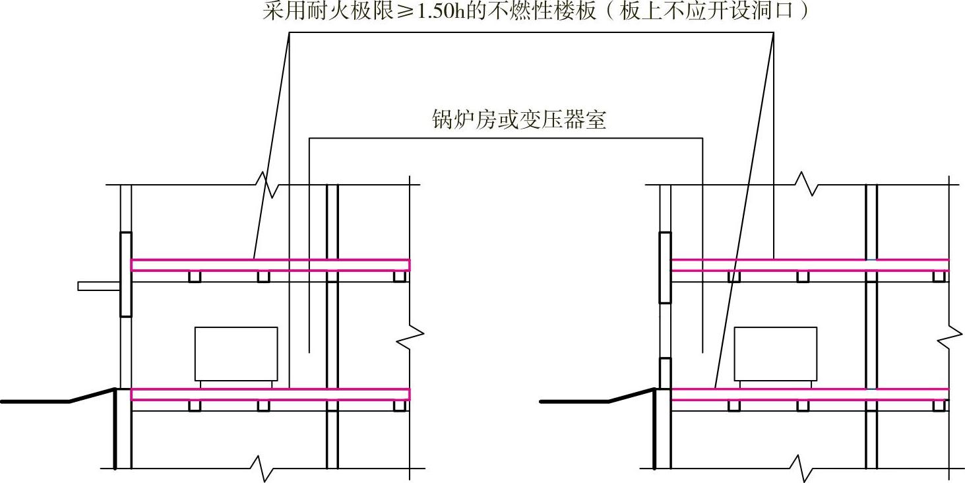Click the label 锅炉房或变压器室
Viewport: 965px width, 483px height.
coord(518,120)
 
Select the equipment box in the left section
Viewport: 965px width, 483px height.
coord(236,353)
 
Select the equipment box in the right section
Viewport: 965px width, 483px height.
coord(775,353)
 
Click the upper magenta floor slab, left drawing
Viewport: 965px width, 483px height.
coord(270,265)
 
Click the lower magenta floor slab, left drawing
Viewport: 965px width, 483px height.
coord(270,394)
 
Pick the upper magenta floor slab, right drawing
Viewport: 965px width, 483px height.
coord(809,265)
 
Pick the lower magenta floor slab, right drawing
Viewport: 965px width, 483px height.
coord(809,394)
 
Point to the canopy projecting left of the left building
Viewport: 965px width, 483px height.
coord(98,286)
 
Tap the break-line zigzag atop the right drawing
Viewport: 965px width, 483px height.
coord(807,184)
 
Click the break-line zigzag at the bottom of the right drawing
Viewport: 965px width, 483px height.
coord(802,468)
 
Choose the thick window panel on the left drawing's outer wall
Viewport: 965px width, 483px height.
coord(125,274)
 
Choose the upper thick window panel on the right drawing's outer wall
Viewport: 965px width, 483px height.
coord(665,267)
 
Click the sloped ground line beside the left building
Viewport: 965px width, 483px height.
coord(93,395)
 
